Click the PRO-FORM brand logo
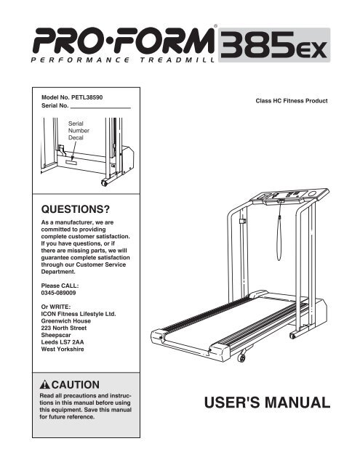123,41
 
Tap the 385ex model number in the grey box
273,44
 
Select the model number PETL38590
86,97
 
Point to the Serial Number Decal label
79,131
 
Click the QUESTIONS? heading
76,209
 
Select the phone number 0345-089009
58,293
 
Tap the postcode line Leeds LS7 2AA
63,342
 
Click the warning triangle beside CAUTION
45,384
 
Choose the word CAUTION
76,384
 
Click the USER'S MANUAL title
267,403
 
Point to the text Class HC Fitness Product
292,101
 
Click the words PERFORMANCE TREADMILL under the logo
123,60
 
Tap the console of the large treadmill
289,196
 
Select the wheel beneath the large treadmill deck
241,358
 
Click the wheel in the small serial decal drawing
104,182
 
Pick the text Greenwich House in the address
66,321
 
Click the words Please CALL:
60,286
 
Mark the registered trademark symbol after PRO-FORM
215,26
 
